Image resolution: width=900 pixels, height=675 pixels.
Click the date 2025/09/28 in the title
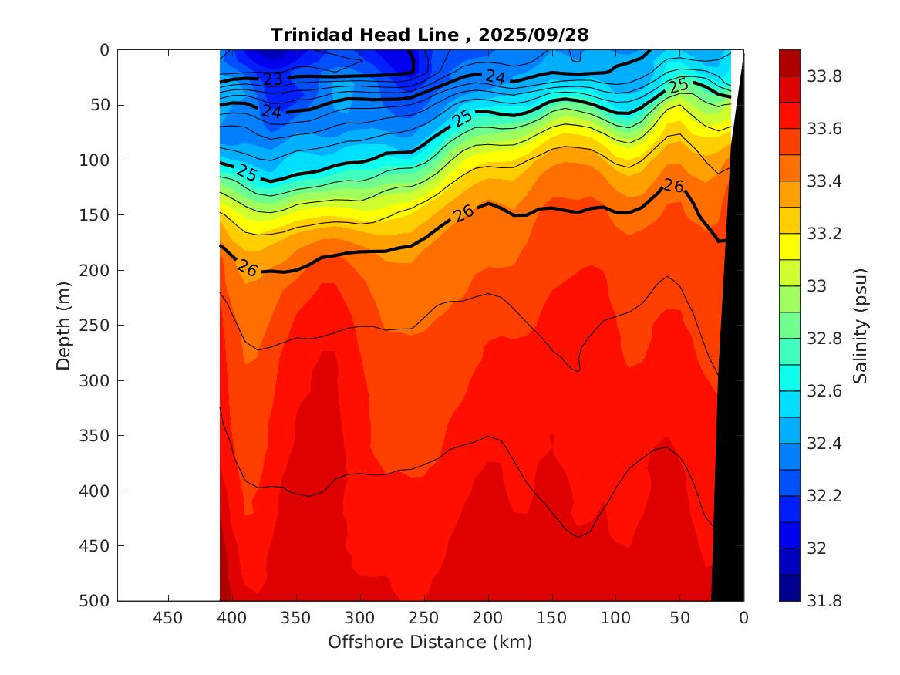(534, 35)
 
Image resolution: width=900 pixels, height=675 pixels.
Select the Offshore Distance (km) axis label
(430, 642)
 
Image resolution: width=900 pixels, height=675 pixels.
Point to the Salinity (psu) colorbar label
(861, 326)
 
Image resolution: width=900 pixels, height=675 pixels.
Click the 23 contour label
(272, 79)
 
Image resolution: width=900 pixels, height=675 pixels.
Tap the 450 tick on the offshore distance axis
(168, 617)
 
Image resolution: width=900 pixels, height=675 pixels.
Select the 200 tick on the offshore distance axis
(487, 617)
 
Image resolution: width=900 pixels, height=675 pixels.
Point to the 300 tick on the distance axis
(359, 617)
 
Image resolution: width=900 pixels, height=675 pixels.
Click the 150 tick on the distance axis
(551, 617)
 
